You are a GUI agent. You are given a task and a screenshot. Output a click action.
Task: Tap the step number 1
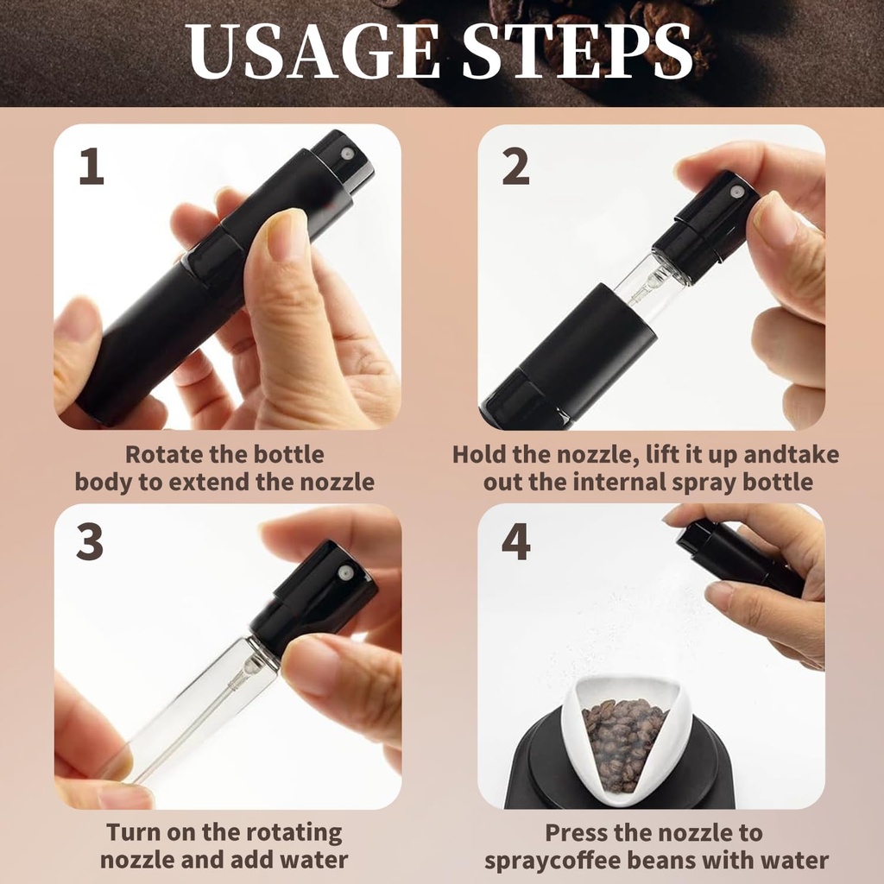(x=91, y=167)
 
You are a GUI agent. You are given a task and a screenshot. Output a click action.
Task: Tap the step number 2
(x=515, y=167)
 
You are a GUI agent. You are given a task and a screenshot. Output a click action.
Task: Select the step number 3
(x=90, y=543)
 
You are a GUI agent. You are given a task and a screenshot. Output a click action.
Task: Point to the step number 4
(x=515, y=543)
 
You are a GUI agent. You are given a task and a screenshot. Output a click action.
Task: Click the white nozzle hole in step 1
(x=346, y=153)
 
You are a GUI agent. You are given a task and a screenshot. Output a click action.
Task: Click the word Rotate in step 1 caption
(x=162, y=455)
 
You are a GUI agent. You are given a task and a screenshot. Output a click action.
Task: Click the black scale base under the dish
(x=552, y=768)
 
